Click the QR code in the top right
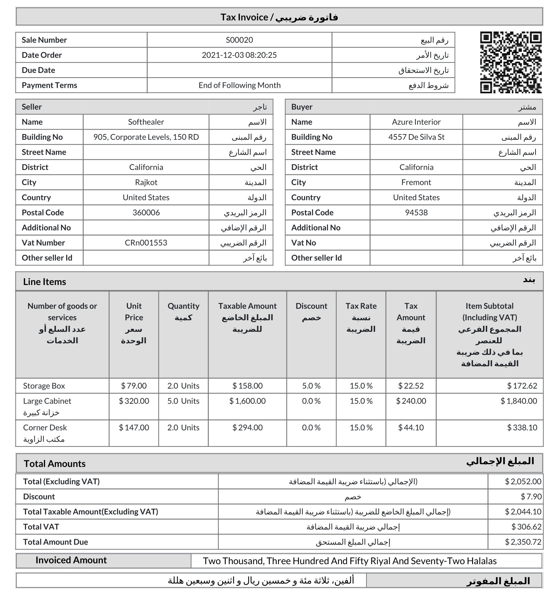point(510,62)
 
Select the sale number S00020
point(239,40)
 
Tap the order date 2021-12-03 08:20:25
point(239,55)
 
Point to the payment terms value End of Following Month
point(239,85)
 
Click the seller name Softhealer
point(146,122)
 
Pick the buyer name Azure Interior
point(416,122)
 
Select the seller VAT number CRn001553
point(146,243)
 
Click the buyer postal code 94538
point(416,213)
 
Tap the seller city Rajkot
point(146,182)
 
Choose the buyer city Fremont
point(416,182)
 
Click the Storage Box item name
point(44,386)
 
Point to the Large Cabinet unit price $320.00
point(134,401)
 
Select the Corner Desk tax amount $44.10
point(411,428)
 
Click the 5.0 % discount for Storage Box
point(311,386)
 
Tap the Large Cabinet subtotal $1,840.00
point(519,401)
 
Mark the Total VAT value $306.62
point(526,527)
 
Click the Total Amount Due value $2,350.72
point(523,542)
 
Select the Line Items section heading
point(45,282)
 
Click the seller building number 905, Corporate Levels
point(146,137)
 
